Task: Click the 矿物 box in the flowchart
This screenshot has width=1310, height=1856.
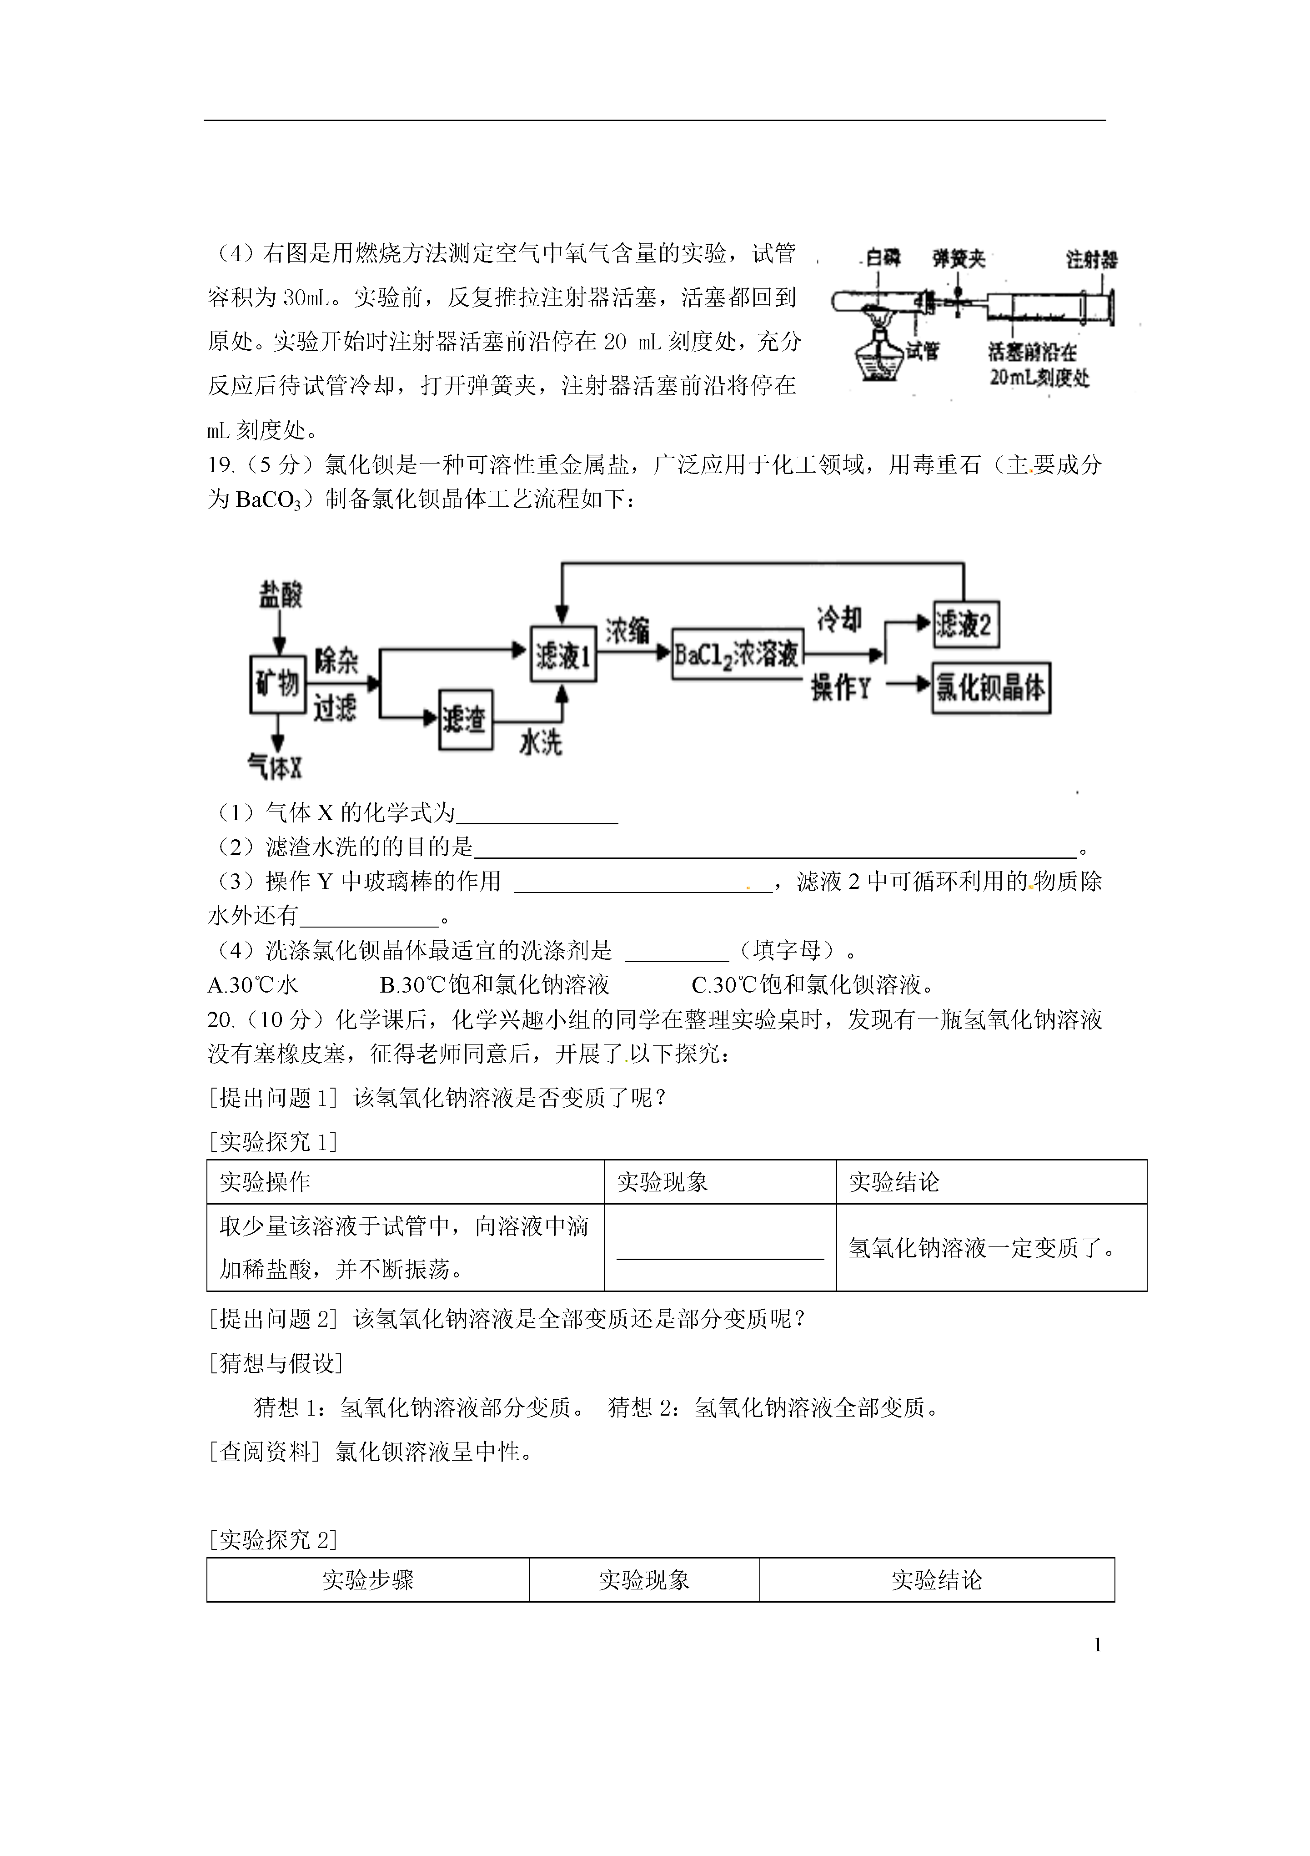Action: pyautogui.click(x=277, y=684)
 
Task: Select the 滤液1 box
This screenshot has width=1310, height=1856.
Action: pyautogui.click(x=563, y=654)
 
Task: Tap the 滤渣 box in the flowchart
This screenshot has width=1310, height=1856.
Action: pyautogui.click(x=466, y=720)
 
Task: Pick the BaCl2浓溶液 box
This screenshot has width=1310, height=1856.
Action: pyautogui.click(x=737, y=653)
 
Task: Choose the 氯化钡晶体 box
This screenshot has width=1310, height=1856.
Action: pyautogui.click(x=991, y=688)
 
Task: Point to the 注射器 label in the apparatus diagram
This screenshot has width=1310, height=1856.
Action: pyautogui.click(x=1091, y=259)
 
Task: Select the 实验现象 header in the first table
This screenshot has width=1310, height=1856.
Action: pyautogui.click(x=662, y=1183)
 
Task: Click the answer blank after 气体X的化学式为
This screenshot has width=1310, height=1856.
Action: pyautogui.click(x=537, y=814)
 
